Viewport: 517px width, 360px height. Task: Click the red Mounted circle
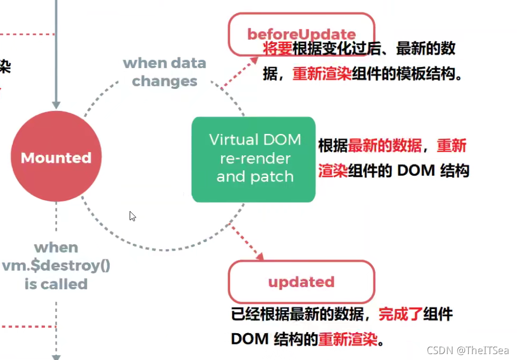point(56,157)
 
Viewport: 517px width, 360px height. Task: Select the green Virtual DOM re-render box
point(253,159)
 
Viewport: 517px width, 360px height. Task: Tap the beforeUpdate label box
point(301,34)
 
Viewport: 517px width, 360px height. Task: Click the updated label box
point(301,282)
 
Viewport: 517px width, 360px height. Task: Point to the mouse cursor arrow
point(132,216)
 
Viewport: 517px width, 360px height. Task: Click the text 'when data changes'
point(164,72)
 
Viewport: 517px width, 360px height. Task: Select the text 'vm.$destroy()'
point(56,266)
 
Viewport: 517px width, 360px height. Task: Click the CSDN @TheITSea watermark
point(467,350)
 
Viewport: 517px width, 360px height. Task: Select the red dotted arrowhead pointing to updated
point(259,257)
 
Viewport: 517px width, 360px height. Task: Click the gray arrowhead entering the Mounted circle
point(56,104)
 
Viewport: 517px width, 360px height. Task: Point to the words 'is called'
point(56,284)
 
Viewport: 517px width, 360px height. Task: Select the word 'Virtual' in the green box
point(232,140)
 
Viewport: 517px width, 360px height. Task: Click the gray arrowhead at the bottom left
point(56,356)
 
